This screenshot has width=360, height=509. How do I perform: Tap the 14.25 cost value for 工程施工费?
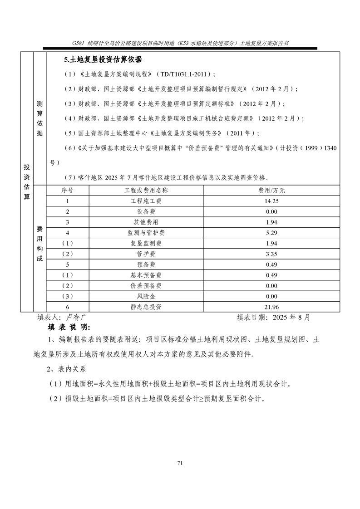coord(272,201)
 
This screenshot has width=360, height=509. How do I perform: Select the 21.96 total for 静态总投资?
coord(272,307)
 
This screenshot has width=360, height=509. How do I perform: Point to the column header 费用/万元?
coord(272,190)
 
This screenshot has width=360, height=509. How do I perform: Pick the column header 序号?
coord(68,190)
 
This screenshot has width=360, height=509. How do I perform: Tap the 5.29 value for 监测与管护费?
coord(272,233)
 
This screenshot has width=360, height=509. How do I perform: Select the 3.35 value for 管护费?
coord(272,254)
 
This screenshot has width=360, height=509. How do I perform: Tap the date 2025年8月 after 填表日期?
coord(292,318)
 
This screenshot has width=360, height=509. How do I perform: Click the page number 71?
coord(180,463)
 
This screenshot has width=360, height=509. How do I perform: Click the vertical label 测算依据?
coord(39,118)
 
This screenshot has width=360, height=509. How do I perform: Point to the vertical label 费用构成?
coord(39,248)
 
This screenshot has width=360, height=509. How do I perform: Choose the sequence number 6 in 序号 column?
coord(68,307)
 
